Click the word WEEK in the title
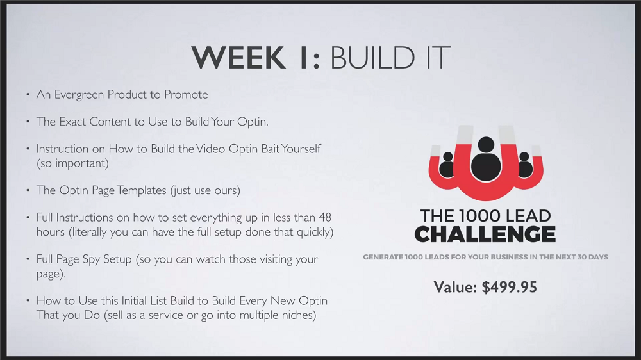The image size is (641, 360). coord(238,57)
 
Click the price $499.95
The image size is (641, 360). coord(509,287)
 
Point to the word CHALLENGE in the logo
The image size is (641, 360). coord(485,234)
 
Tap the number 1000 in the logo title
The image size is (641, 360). coord(479,216)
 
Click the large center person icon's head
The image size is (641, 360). coord(486,145)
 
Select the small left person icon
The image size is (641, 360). coord(447,165)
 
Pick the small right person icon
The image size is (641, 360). coord(524,165)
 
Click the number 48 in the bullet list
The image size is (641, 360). coord(325,217)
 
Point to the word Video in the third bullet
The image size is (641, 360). coord(210,149)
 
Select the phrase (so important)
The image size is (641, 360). coord(73,163)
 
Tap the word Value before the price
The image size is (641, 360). coord(455,287)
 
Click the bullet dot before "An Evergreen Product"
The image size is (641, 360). coord(28,95)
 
